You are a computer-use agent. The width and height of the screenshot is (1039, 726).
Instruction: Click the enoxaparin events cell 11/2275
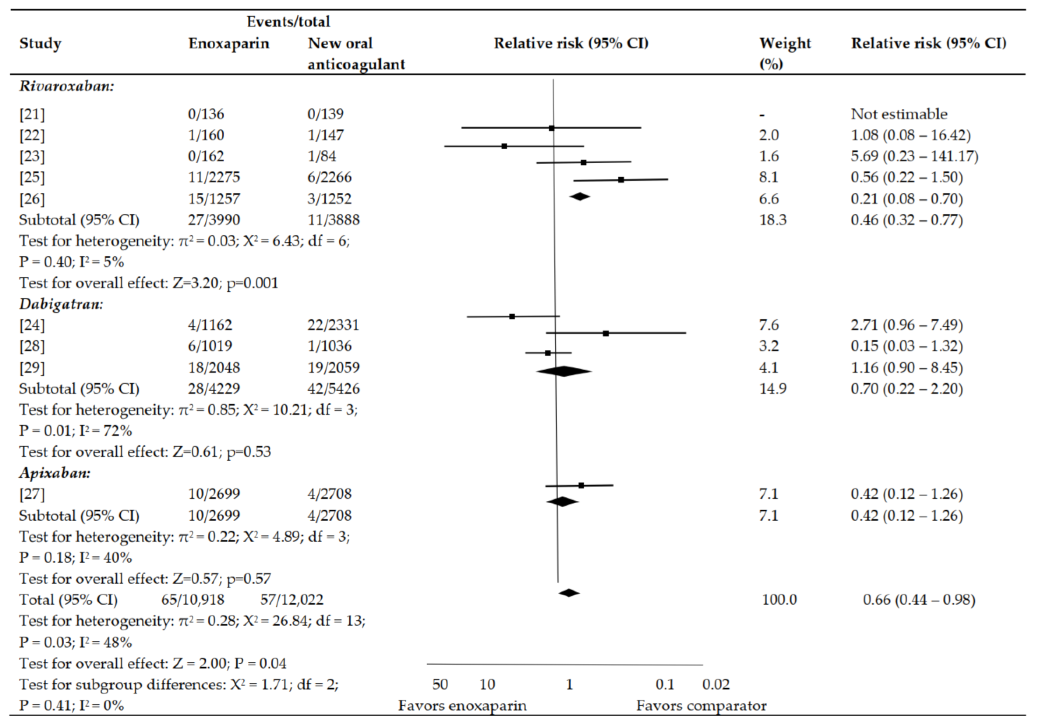214,177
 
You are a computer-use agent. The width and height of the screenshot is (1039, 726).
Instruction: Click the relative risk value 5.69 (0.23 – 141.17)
914,156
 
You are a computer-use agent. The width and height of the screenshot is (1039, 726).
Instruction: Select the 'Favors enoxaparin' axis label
463,706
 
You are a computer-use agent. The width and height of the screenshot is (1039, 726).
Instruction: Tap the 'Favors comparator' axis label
702,706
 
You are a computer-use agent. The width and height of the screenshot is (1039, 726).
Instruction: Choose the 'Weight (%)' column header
785,53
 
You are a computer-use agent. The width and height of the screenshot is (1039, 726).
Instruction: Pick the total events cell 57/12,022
292,600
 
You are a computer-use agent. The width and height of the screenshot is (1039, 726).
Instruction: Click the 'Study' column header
40,43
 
